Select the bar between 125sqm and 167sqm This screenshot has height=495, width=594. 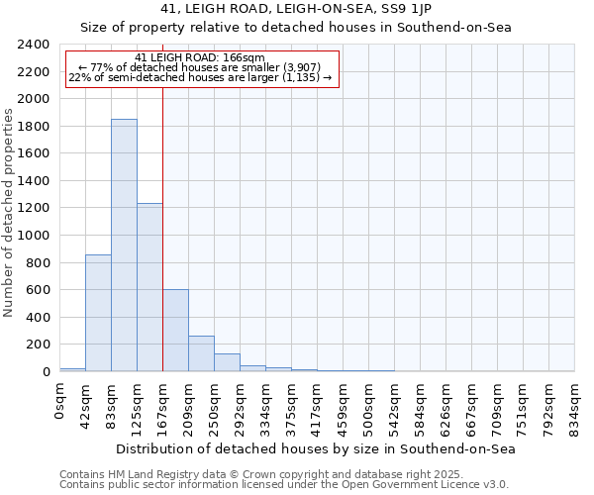pos(149,287)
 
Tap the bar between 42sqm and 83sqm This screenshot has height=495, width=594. pos(98,313)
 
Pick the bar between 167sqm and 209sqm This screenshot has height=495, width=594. pos(175,331)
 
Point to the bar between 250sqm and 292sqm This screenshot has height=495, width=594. pos(227,362)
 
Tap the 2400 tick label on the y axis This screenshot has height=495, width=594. pos(34,45)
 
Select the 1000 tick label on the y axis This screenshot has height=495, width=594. pos(34,236)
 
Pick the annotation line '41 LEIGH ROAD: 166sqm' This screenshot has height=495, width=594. pos(200,58)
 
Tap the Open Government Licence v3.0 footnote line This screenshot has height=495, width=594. pos(284,484)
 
